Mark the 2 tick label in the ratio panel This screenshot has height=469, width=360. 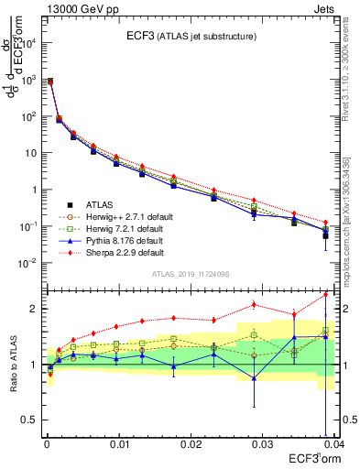point(35,309)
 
